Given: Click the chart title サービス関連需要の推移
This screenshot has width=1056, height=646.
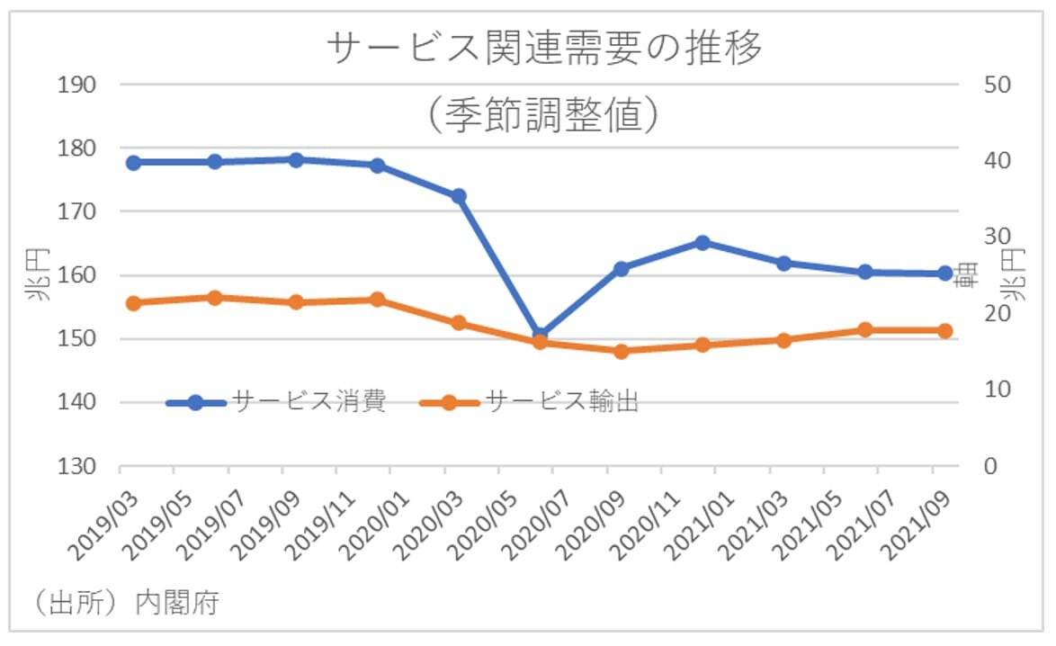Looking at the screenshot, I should [x=546, y=50].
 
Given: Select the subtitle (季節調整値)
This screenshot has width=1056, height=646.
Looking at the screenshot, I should [x=546, y=115].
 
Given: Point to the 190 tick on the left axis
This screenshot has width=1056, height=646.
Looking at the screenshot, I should [x=78, y=85].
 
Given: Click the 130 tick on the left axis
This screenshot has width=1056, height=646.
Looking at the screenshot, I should [x=78, y=467].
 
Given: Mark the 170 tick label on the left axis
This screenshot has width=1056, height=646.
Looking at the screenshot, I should [x=78, y=212].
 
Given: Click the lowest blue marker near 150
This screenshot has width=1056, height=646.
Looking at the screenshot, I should [x=540, y=335].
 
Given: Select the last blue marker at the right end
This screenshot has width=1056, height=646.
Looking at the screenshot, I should [x=945, y=274].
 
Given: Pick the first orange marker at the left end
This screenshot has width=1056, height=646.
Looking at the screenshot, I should [x=133, y=303].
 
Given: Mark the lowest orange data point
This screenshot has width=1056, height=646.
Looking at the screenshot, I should [x=621, y=351].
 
